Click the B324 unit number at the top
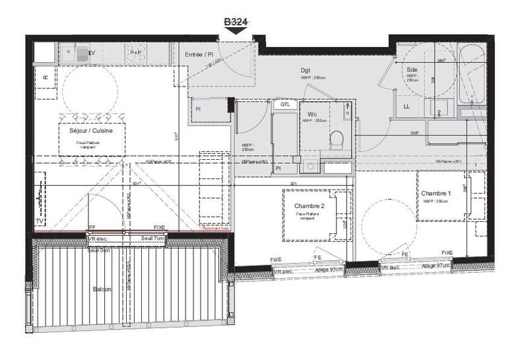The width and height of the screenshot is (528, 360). point(236,22)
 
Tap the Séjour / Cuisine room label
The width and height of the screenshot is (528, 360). point(91,131)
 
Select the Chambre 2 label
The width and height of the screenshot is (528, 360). point(310,207)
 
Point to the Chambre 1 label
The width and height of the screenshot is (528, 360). point(437,193)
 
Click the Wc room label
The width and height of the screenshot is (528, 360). point(313,114)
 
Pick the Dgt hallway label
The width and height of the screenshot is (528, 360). point(306,70)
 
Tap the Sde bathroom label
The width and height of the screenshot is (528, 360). point(412,69)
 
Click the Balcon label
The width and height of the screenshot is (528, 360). point(102,289)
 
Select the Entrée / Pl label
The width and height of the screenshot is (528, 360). point(199,54)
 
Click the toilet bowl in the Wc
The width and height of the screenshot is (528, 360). point(337,139)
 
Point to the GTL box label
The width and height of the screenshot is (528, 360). point(285,105)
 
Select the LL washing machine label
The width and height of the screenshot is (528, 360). point(407,106)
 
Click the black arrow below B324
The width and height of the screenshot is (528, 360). point(236,30)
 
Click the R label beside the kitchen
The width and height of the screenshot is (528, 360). point(46,77)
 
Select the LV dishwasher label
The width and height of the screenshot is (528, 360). point(92,52)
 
